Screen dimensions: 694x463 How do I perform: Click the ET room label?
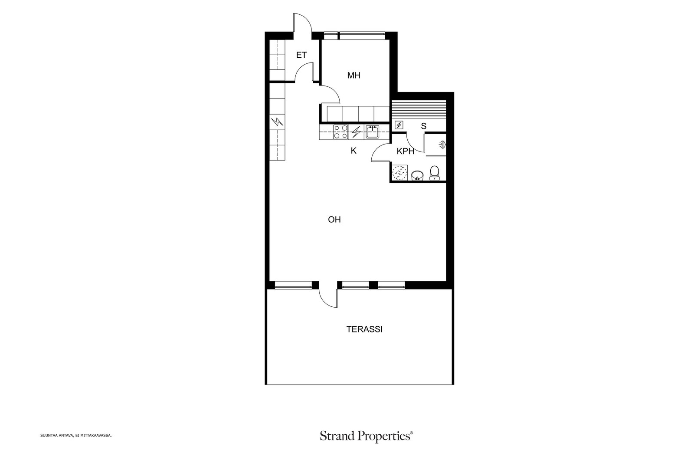pos(301,55)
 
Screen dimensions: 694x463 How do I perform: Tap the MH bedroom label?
pos(354,76)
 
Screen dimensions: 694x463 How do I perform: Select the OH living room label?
pos(334,220)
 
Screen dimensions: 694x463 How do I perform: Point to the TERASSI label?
pos(364,329)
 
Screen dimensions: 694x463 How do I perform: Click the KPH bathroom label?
pos(405,151)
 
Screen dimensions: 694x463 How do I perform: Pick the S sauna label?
pos(423,126)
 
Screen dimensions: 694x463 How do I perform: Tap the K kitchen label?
pos(354,151)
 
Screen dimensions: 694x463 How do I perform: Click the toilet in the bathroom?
pos(434,173)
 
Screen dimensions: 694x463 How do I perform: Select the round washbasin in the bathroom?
pos(417,175)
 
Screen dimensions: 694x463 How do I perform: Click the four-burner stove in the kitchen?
pos(340,132)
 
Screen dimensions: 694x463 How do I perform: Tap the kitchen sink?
pos(372,132)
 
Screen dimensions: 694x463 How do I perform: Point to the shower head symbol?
pos(442,144)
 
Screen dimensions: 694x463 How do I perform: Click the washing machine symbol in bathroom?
pos(399,173)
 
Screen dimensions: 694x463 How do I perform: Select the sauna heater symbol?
pos(399,125)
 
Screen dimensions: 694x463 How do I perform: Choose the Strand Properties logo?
pos(366,436)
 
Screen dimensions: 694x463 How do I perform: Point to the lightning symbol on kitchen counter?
pos(357,132)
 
